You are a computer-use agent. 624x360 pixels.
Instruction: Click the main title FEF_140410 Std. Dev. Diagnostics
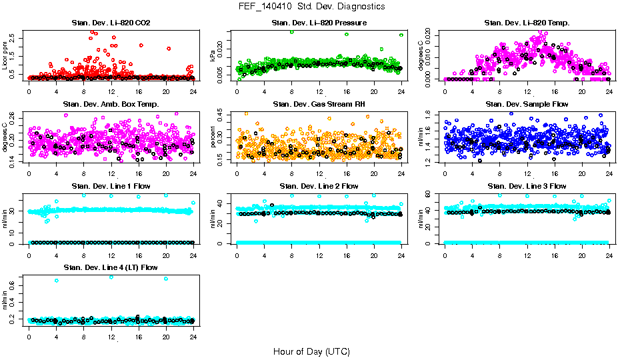coord(311,7)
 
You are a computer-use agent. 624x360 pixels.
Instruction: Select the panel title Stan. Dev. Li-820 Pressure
coord(319,23)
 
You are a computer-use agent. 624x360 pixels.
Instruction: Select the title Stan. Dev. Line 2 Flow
coord(319,186)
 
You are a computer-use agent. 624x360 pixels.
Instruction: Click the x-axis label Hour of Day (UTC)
coord(311,351)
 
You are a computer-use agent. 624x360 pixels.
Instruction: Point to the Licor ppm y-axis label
coord(5,55)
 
